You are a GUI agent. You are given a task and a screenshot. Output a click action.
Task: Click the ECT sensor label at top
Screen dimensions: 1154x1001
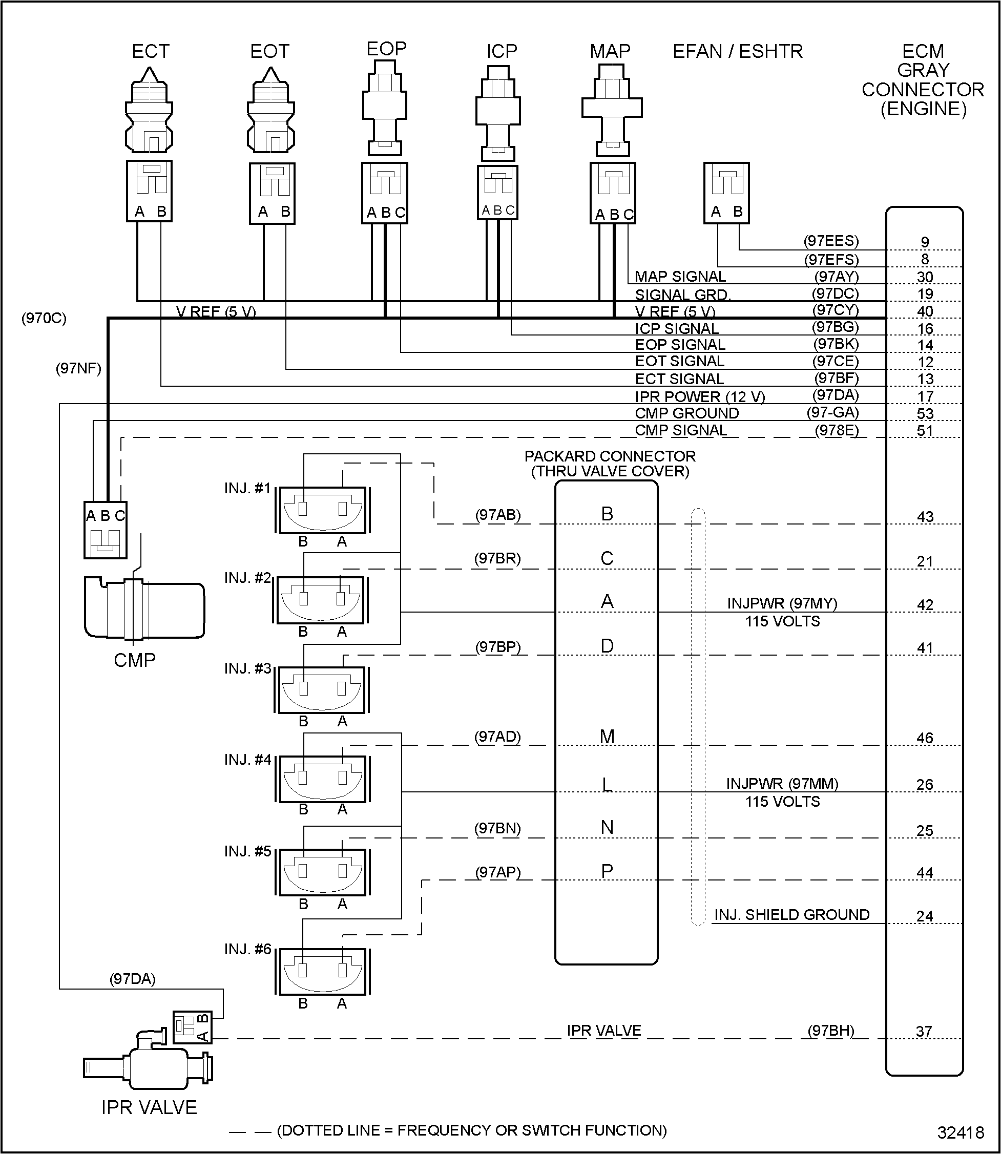pyautogui.click(x=150, y=51)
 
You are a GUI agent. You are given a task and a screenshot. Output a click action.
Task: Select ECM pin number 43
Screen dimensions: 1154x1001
pyautogui.click(x=925, y=517)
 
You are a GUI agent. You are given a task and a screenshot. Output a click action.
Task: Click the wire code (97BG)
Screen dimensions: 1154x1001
pyautogui.click(x=835, y=327)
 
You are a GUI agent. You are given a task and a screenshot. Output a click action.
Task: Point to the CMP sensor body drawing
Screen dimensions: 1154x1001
pyautogui.click(x=144, y=610)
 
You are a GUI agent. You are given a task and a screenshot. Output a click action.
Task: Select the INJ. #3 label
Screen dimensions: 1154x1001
pyautogui.click(x=247, y=668)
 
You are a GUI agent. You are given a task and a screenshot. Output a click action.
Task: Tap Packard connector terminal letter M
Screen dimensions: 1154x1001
pyautogui.click(x=607, y=737)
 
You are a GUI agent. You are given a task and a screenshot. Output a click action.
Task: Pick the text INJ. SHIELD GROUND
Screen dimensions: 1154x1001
pyautogui.click(x=791, y=915)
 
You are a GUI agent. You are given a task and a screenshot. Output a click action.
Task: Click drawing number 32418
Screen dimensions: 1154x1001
pyautogui.click(x=960, y=1132)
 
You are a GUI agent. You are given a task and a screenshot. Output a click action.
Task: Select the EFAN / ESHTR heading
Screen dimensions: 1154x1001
pyautogui.click(x=737, y=51)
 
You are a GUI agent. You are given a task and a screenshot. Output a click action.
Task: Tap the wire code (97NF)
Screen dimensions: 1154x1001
pyautogui.click(x=78, y=369)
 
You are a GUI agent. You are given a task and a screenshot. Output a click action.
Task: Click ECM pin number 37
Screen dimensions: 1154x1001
pyautogui.click(x=924, y=1031)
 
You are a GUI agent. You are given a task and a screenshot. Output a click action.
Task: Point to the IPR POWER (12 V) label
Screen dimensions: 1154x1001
pyautogui.click(x=699, y=396)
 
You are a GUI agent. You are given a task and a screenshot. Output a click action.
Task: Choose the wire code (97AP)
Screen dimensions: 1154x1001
pyautogui.click(x=498, y=872)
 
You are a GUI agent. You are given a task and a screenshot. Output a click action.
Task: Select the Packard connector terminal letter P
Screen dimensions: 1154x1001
pyautogui.click(x=607, y=871)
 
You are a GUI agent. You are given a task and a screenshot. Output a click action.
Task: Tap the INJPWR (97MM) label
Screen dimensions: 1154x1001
pyautogui.click(x=782, y=784)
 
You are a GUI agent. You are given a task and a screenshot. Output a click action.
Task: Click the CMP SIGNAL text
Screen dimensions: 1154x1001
pyautogui.click(x=681, y=430)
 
